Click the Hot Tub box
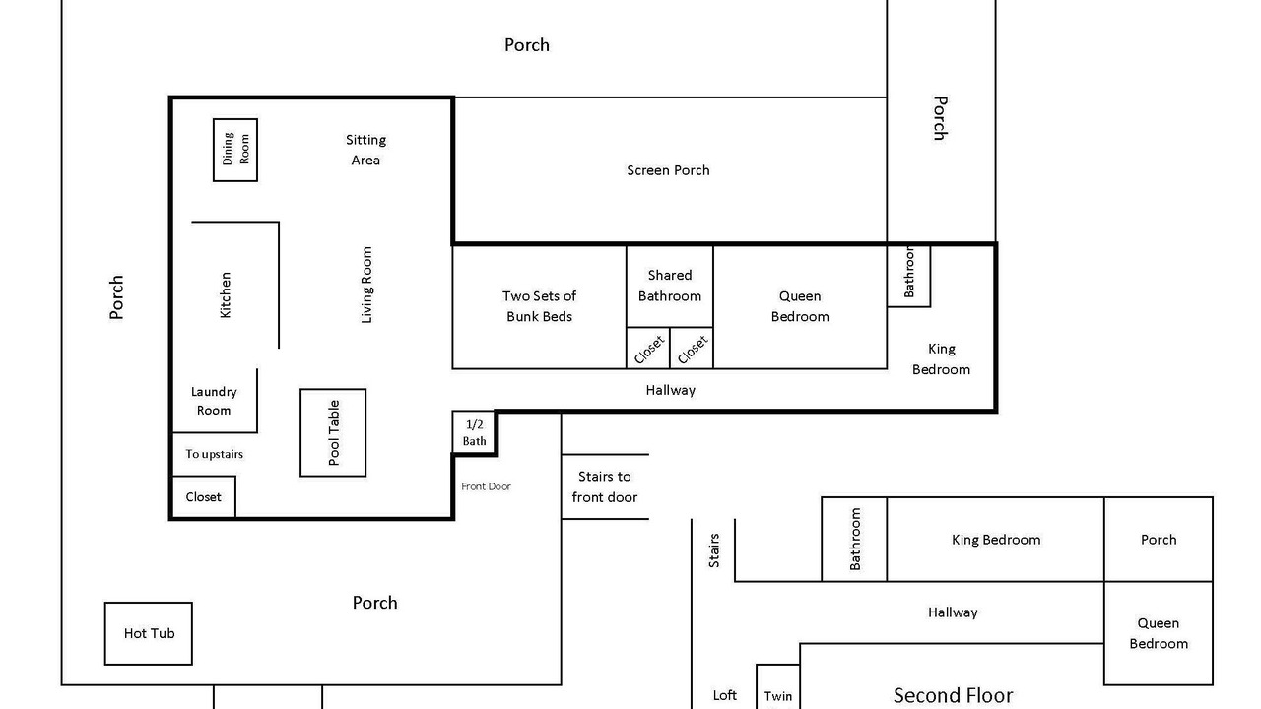149,633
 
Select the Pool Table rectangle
333,432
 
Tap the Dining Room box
235,150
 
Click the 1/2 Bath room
474,432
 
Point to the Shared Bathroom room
670,286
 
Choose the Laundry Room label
214,401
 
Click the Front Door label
486,486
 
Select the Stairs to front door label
605,486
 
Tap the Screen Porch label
668,170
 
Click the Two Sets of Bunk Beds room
539,306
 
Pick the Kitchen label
226,294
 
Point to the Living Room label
366,285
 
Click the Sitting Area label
365,150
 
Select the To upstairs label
215,454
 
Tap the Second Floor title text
953,695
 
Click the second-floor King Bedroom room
995,539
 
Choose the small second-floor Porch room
1159,539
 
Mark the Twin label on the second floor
778,696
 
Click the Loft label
725,695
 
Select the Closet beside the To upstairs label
203,497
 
